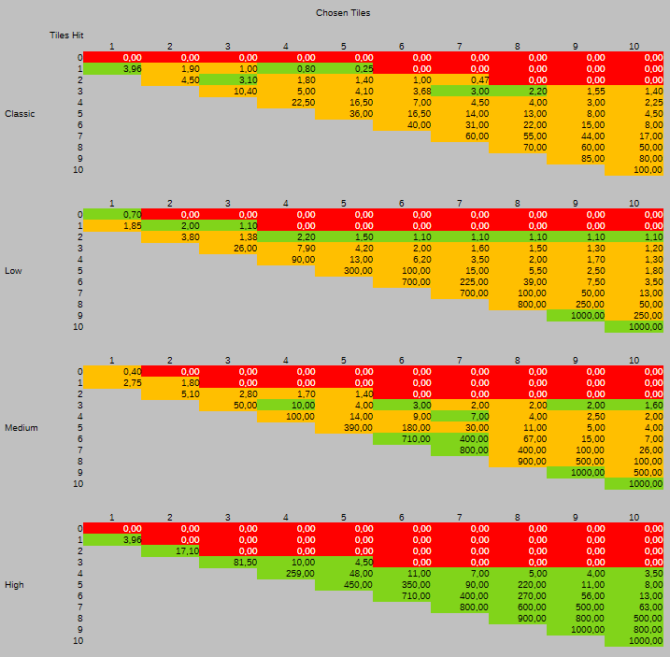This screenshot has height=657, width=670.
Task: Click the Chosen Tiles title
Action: (343, 13)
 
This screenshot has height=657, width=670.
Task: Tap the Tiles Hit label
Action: (67, 35)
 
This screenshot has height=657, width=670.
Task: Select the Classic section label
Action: (20, 114)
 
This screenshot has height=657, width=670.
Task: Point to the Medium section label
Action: (21, 428)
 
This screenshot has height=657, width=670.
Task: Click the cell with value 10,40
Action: (229, 91)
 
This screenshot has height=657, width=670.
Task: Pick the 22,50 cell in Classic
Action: (287, 102)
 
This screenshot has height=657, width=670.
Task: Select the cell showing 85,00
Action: (576, 158)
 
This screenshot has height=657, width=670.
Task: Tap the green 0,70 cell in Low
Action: (113, 215)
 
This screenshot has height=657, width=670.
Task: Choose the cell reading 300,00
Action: (345, 271)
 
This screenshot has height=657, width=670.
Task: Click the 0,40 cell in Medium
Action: (113, 372)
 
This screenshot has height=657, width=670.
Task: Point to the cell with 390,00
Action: (345, 428)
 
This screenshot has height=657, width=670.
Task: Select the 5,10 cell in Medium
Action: (171, 394)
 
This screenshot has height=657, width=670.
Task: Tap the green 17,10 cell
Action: (171, 551)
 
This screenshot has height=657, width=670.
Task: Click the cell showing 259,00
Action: (287, 574)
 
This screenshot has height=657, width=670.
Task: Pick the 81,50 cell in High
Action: (229, 563)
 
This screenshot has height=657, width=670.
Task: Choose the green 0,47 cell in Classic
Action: (461, 79)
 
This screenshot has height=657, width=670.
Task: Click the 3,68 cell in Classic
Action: (403, 91)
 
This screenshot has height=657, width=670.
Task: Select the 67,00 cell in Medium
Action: (519, 439)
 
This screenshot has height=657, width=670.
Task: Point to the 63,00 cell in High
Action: (634, 607)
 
